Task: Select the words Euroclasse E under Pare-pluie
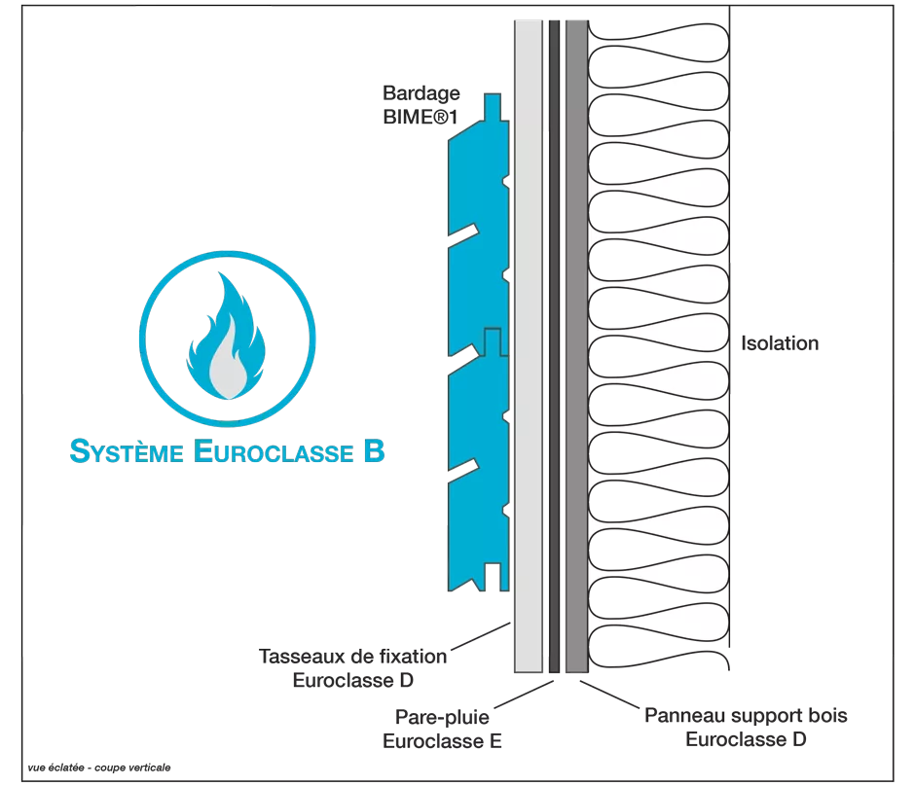(444, 742)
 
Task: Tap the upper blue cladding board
(477, 243)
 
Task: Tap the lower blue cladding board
(477, 467)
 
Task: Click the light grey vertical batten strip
(529, 389)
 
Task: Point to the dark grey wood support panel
(575, 389)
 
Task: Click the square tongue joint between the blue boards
(493, 341)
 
